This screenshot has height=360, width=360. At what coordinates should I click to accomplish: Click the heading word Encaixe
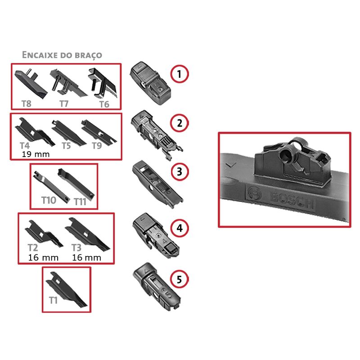[40, 55]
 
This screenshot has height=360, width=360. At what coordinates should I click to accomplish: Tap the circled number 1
[179, 74]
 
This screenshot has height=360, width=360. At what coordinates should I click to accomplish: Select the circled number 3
[180, 172]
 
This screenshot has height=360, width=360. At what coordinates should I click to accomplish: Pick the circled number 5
[179, 279]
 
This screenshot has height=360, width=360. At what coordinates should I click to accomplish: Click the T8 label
[27, 104]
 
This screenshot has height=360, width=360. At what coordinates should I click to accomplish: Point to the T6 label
[104, 104]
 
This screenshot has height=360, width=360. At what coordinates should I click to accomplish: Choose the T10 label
[49, 200]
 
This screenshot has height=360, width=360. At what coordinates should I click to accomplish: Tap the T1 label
[53, 300]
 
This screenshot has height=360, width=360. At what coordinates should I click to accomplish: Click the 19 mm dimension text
[36, 154]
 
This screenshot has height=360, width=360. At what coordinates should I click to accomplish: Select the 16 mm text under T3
[86, 257]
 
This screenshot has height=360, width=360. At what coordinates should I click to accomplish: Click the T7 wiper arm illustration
[67, 83]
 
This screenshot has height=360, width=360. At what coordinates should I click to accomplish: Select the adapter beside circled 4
[156, 235]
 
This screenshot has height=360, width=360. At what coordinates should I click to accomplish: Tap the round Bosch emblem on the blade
[255, 194]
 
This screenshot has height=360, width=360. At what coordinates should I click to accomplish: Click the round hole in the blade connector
[286, 153]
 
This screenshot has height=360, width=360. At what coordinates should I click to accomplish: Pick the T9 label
[97, 146]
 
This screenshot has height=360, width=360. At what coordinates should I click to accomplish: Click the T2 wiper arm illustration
[44, 234]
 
